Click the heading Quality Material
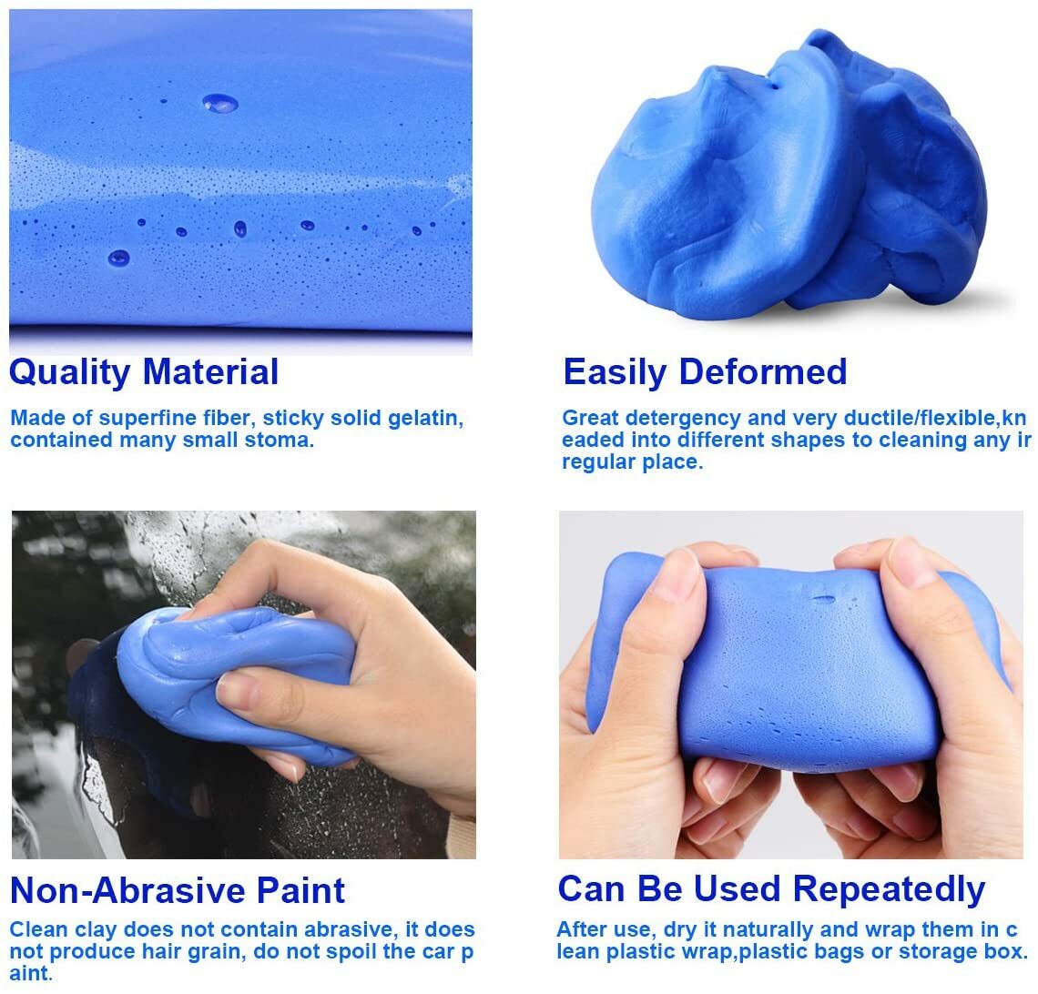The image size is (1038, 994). [144, 372]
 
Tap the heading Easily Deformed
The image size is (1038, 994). [705, 372]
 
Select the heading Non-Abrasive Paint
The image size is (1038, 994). [178, 889]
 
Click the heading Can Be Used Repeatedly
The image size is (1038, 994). [771, 888]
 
